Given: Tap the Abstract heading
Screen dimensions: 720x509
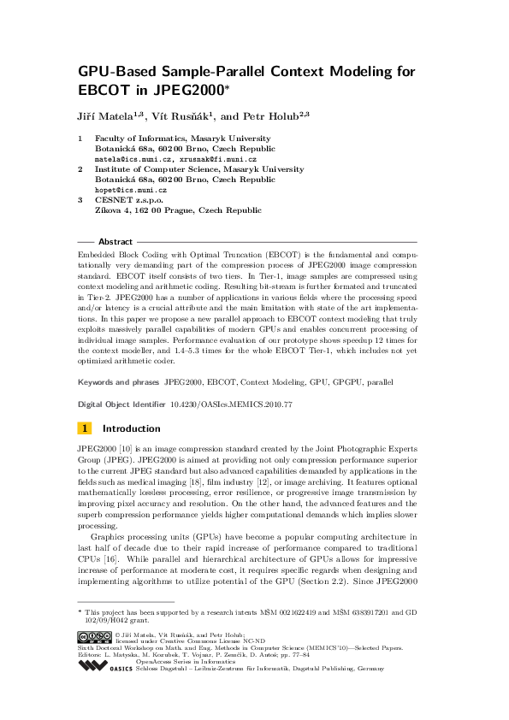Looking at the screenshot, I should (115, 242).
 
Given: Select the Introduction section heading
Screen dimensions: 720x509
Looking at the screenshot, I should (131, 428).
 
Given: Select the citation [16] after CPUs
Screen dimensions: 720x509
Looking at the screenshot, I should (103, 545).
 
